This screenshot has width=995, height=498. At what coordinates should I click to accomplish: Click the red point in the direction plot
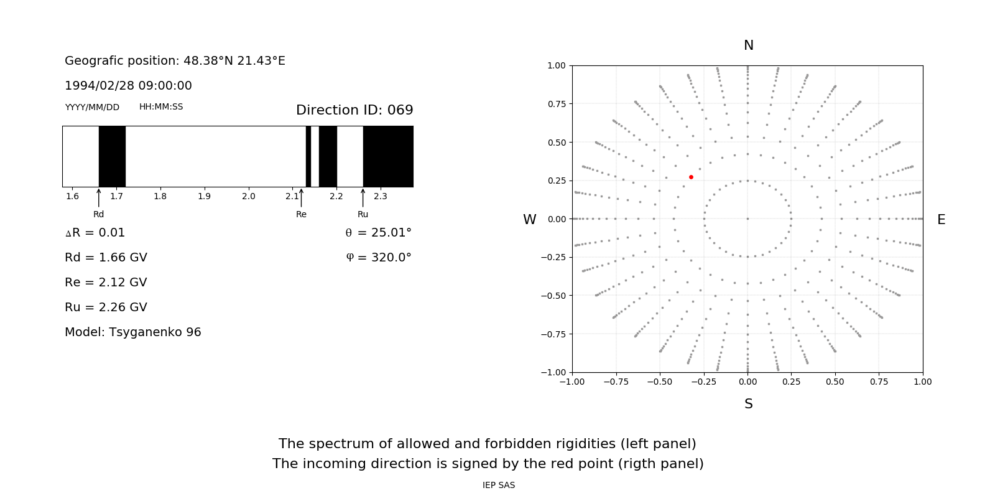(x=691, y=177)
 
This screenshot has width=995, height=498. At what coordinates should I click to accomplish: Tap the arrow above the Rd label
(x=99, y=197)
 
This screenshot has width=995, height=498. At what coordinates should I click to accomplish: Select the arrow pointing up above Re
(x=301, y=197)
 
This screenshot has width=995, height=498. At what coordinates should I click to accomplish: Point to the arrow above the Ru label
(x=363, y=197)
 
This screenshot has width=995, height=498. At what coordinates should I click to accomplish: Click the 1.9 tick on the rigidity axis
(x=204, y=196)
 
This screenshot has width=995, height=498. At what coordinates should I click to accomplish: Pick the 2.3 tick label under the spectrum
(x=380, y=196)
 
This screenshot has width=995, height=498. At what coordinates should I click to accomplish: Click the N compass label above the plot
(x=748, y=45)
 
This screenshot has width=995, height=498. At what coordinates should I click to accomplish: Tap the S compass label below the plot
(x=748, y=404)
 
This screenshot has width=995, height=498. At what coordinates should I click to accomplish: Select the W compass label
(x=529, y=220)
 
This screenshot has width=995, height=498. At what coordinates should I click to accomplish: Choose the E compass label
(x=941, y=220)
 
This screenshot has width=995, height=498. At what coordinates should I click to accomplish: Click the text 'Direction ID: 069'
(x=354, y=110)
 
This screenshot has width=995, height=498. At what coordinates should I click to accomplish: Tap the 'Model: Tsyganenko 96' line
(x=133, y=332)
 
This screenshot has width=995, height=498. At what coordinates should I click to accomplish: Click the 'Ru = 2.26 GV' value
(x=106, y=308)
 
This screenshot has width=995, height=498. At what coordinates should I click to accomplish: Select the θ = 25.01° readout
(x=378, y=233)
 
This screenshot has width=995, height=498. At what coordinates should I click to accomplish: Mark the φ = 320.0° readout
(x=379, y=258)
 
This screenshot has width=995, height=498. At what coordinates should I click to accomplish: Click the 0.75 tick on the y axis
(x=556, y=104)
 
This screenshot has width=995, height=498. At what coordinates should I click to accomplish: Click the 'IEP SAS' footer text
(x=498, y=485)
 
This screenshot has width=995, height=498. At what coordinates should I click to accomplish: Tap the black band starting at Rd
(x=112, y=156)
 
